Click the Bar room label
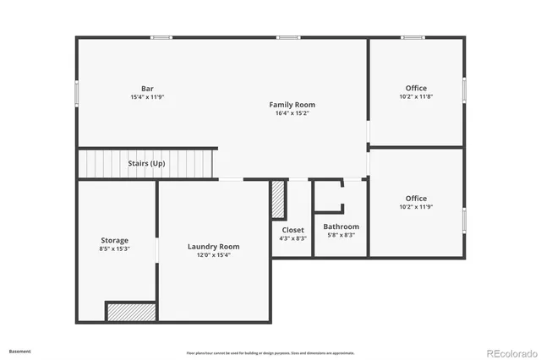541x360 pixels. click(x=147, y=88)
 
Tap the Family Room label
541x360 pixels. click(x=292, y=105)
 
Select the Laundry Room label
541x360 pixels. click(x=213, y=247)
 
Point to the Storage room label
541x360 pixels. click(x=114, y=241)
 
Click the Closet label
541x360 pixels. click(x=293, y=230)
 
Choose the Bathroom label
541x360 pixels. click(x=342, y=226)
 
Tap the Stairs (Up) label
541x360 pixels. click(x=146, y=163)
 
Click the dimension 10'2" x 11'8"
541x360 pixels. click(x=416, y=96)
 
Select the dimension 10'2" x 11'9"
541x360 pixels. click(x=416, y=207)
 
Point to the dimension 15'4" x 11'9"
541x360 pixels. click(x=147, y=96)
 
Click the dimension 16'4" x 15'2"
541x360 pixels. click(x=292, y=113)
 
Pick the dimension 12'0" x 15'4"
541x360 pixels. click(x=213, y=255)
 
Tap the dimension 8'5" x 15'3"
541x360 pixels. click(x=114, y=249)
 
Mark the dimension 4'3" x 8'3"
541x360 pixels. click(x=293, y=238)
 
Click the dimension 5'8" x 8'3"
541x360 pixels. click(x=342, y=235)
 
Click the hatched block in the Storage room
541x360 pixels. click(x=131, y=312)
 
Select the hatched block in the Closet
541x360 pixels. click(x=277, y=199)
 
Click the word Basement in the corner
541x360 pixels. click(x=19, y=351)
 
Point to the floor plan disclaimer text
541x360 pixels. click(x=270, y=353)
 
